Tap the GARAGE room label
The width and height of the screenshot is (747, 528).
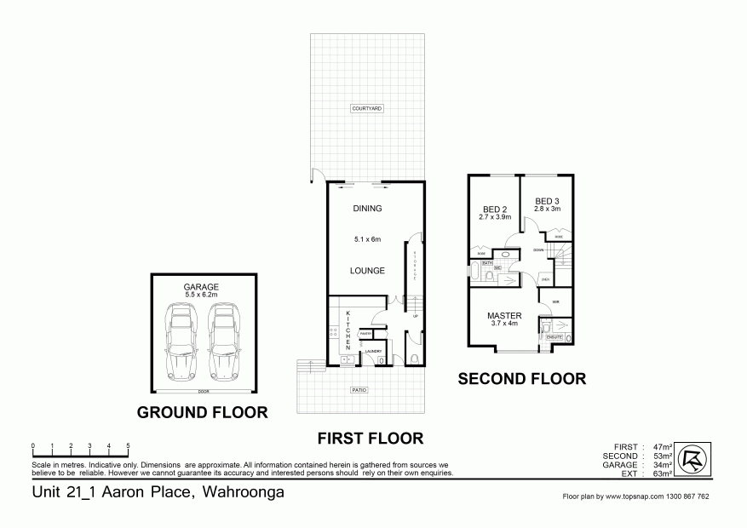coord(202,287)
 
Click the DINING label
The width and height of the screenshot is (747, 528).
coord(367,209)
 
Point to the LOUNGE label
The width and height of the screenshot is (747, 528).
coord(367,271)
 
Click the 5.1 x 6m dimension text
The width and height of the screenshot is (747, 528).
coord(367,240)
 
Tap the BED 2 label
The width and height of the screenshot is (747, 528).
coord(496,209)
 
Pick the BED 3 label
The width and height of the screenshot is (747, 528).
coord(547,201)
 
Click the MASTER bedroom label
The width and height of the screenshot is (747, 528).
coord(503,316)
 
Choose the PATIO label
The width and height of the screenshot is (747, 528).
coord(358,390)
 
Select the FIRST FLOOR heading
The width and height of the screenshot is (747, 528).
coord(371,439)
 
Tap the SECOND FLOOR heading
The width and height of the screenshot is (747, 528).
coord(522,379)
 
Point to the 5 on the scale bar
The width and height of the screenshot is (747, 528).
coord(128,446)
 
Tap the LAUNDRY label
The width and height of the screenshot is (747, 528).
coord(373,351)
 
